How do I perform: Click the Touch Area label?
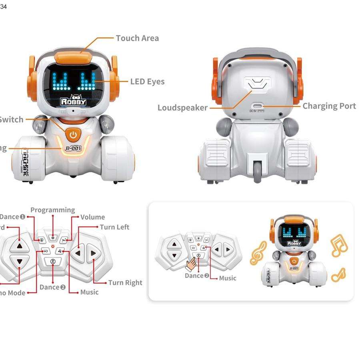(x=137, y=38)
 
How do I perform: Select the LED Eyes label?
(x=147, y=82)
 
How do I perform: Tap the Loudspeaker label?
(x=182, y=108)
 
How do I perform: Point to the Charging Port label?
(x=329, y=106)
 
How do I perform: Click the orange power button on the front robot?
(x=73, y=135)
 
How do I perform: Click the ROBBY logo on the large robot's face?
(x=73, y=101)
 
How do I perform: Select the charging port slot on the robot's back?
(x=259, y=106)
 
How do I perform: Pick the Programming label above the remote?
(x=52, y=210)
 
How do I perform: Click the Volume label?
(x=92, y=217)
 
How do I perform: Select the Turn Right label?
(x=125, y=283)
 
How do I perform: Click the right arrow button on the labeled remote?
(x=93, y=253)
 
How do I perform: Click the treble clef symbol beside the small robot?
(x=258, y=253)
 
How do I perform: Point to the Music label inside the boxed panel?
(x=228, y=278)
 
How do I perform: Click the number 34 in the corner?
(x=4, y=6)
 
